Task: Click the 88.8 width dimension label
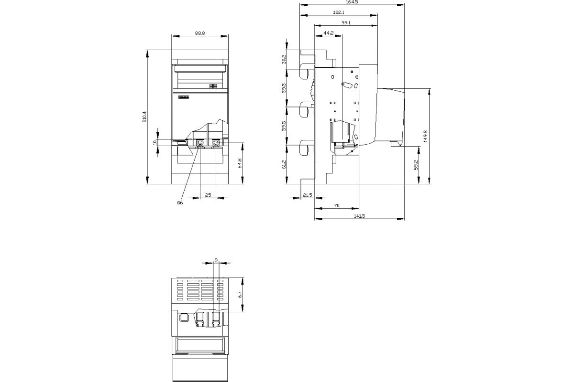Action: click(x=200, y=33)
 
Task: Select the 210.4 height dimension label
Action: click(x=144, y=117)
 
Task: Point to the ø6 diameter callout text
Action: click(x=180, y=202)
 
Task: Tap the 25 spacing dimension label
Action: click(x=208, y=195)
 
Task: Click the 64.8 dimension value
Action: click(x=240, y=163)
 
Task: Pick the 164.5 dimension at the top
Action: click(x=352, y=2)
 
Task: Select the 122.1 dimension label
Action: click(x=339, y=12)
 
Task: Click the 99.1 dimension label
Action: click(x=346, y=23)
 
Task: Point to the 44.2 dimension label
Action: click(x=329, y=33)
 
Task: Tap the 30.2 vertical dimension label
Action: click(x=284, y=59)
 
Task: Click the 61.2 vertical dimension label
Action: click(x=284, y=165)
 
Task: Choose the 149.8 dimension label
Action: click(x=425, y=136)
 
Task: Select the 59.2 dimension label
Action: click(x=416, y=165)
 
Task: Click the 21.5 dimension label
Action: click(x=308, y=195)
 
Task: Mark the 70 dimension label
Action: click(x=337, y=205)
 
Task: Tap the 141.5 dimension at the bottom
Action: click(x=359, y=216)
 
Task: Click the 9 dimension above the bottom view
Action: click(x=216, y=260)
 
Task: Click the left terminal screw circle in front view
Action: click(x=200, y=143)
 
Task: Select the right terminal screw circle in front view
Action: click(x=216, y=143)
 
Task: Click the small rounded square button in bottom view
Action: click(x=184, y=318)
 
